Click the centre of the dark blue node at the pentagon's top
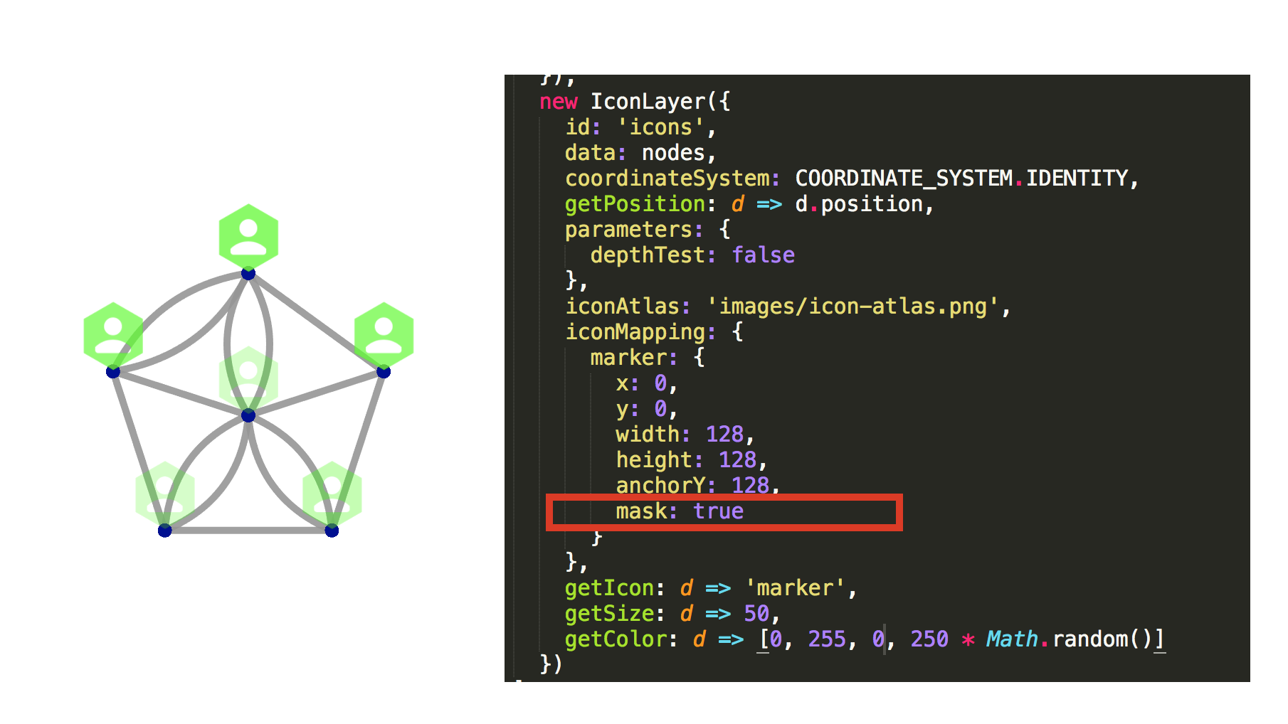point(248,273)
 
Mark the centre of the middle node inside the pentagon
point(248,415)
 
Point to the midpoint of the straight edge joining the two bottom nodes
point(248,531)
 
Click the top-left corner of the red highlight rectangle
point(547,494)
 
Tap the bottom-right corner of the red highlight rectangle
point(902,531)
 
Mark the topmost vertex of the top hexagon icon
point(248,204)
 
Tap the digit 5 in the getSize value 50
point(750,614)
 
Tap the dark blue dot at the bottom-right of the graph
point(332,531)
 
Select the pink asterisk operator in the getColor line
point(968,639)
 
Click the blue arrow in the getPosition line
point(769,205)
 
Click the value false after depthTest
point(764,255)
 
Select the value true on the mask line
point(719,511)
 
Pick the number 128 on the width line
point(724,435)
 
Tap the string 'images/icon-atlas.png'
point(853,307)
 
